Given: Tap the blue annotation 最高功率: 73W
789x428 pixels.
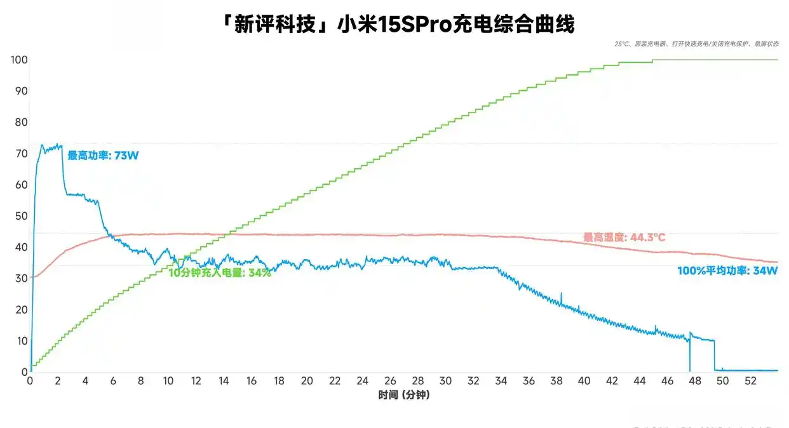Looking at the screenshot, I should click(x=103, y=156).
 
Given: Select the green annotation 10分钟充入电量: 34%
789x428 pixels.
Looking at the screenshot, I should click(x=220, y=272).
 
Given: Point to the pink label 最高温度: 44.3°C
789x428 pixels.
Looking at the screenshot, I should click(x=624, y=237).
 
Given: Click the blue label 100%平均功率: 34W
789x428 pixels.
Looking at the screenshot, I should click(x=727, y=271).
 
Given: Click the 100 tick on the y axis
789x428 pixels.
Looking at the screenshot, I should click(x=18, y=60).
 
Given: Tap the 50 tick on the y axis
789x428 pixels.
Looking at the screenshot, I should click(x=21, y=216).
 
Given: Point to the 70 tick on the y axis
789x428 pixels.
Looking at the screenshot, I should click(x=21, y=154).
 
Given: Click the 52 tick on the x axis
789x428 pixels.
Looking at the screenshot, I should click(x=750, y=380).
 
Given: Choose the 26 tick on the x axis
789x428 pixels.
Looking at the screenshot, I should click(x=390, y=380).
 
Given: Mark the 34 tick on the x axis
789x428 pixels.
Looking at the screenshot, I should click(x=501, y=380).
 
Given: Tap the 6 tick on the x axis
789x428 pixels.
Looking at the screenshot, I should click(x=114, y=380).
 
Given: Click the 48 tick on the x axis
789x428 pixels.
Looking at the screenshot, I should click(x=695, y=380).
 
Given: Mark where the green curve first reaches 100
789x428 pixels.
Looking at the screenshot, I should click(x=653, y=60).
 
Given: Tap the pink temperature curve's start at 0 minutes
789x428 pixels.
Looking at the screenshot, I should click(x=32, y=277).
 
